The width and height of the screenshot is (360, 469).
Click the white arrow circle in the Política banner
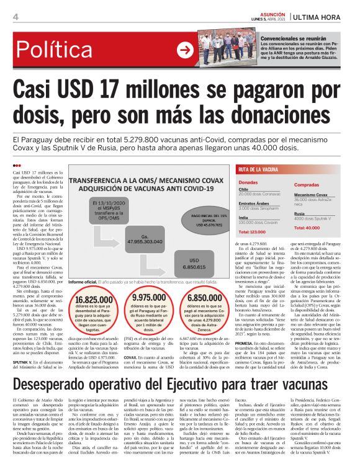coord(184,50)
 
